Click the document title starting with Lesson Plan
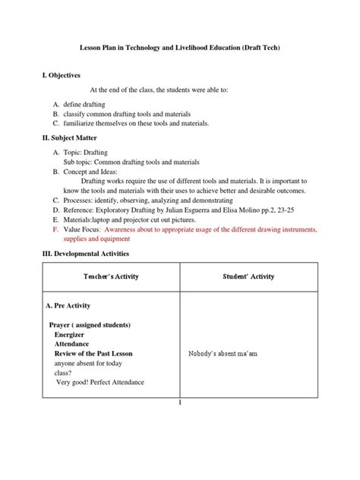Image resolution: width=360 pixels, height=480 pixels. tap(180, 48)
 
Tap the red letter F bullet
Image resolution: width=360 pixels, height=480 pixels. tap(55, 228)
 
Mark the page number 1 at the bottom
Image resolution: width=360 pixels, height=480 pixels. tap(180, 403)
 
